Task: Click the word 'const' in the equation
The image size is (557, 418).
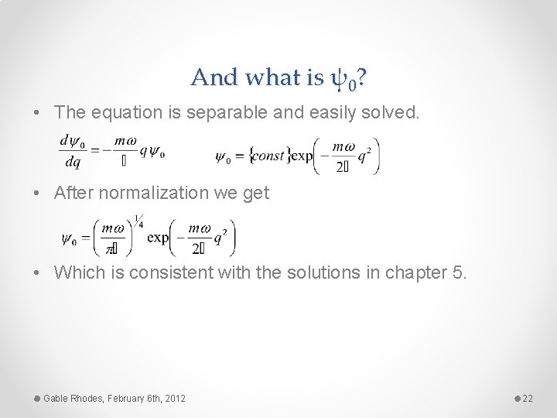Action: click(x=268, y=156)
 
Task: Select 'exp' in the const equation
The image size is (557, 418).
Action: click(x=302, y=156)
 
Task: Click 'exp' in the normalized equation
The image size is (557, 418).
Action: click(x=158, y=237)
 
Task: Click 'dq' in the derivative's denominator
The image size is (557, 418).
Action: click(x=73, y=163)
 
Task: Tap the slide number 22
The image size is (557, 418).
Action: click(x=528, y=398)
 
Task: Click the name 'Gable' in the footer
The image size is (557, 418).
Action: click(x=56, y=398)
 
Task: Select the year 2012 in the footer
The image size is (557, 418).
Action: click(x=175, y=398)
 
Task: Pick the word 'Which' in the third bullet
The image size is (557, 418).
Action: click(x=77, y=272)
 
